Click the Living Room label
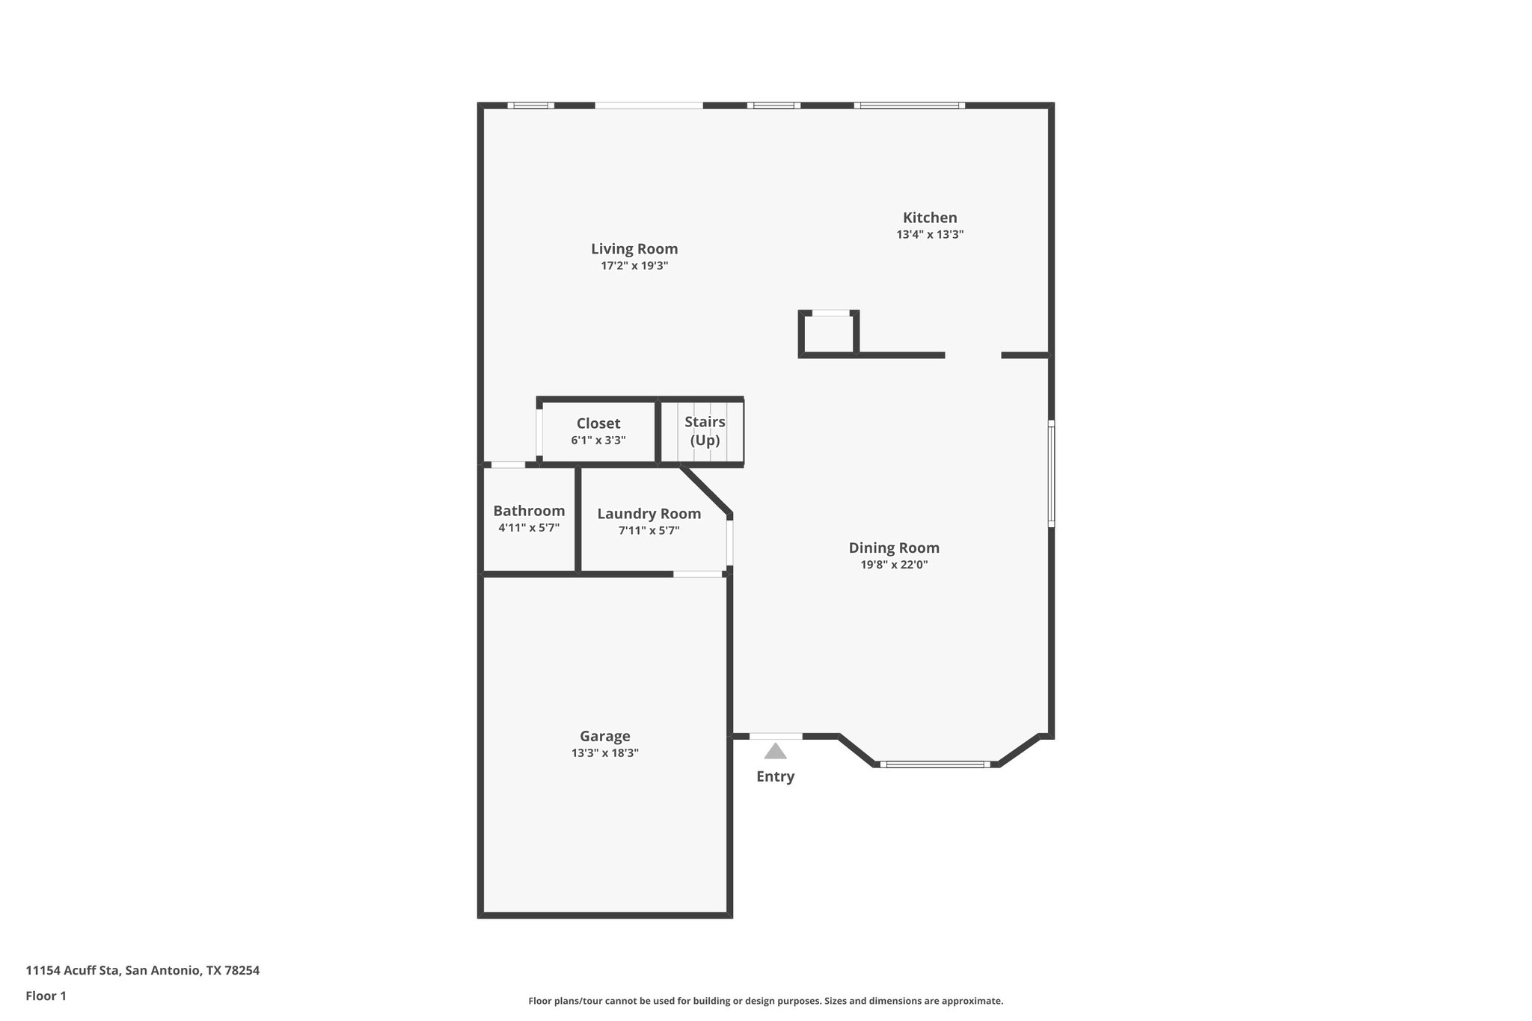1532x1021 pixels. [634, 249]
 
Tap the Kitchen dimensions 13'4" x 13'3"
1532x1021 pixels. [930, 234]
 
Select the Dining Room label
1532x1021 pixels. [894, 548]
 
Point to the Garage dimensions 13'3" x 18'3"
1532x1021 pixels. [604, 753]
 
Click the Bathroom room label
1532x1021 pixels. [529, 511]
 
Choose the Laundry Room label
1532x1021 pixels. [649, 514]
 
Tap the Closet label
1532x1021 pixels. [598, 423]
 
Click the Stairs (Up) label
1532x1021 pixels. [705, 431]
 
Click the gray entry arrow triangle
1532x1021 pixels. [775, 751]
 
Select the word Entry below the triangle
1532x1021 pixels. [775, 776]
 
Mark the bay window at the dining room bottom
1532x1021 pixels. [935, 764]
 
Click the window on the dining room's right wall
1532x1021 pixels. [1051, 473]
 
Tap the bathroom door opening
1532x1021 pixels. [508, 464]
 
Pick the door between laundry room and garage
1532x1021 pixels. [698, 574]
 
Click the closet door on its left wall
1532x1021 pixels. [539, 432]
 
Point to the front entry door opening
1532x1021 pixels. [776, 737]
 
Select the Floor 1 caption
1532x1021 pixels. [46, 996]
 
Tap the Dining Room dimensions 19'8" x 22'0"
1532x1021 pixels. [894, 565]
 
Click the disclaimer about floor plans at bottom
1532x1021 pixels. [765, 1001]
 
